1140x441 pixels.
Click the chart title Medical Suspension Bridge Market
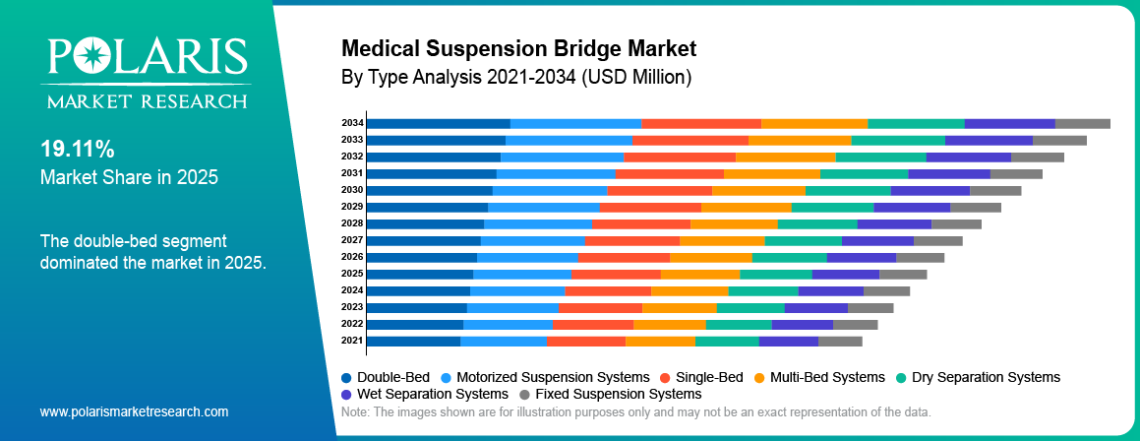coord(518,48)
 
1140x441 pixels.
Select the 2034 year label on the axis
coord(352,123)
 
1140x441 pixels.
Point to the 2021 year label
coord(352,341)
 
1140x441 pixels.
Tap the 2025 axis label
coord(352,274)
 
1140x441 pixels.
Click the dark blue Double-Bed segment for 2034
coord(438,123)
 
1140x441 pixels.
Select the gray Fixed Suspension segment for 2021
coord(840,341)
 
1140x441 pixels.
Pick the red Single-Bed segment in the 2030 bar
coord(659,190)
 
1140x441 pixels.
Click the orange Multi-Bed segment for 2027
coord(722,240)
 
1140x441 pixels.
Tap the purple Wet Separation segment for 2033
coord(989,140)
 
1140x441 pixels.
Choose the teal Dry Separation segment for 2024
coord(763,290)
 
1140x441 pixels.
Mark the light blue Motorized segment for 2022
coord(508,324)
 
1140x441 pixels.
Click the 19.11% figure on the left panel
coord(77,150)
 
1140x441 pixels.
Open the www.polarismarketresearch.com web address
coord(134,411)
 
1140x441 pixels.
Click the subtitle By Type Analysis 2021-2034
coord(516,76)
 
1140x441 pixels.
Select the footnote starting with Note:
coord(634,411)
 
